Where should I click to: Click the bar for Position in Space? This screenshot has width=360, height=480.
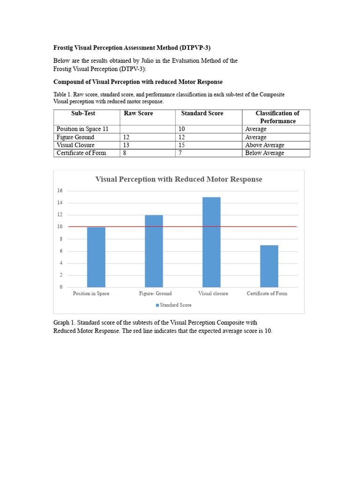[96, 257]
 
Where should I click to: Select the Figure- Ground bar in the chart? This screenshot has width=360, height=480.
[154, 251]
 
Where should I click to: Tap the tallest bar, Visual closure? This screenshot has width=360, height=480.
[211, 242]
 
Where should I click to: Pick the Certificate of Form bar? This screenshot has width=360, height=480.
[269, 266]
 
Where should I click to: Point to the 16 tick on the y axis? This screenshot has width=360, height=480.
[60, 191]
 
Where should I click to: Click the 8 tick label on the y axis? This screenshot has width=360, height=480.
[60, 239]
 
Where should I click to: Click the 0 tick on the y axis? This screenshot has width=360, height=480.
[60, 287]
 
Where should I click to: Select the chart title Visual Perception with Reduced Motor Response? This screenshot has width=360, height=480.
[179, 180]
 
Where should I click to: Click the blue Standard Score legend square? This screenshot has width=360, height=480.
[157, 305]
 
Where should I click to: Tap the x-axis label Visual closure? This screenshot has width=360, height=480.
[213, 293]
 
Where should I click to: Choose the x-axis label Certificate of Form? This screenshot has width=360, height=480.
[267, 293]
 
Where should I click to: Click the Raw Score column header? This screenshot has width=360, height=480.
[138, 113]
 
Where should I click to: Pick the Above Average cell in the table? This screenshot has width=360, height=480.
[264, 145]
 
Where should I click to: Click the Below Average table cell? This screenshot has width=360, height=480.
[264, 153]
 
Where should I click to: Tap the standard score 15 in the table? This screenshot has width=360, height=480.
[181, 145]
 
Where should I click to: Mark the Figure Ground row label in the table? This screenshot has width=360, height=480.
[75, 137]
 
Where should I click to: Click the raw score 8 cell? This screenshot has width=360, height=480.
[125, 153]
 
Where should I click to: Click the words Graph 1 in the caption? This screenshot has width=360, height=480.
[63, 323]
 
